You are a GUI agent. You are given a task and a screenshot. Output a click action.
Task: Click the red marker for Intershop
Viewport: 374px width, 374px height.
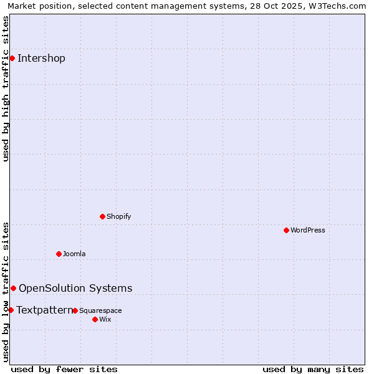pos(12,58)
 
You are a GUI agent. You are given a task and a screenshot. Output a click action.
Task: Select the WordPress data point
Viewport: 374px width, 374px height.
pos(286,230)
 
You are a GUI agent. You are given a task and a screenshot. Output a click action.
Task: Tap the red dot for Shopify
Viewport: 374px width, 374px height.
pos(102,216)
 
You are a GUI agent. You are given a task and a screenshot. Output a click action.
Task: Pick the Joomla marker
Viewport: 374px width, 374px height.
pos(59,254)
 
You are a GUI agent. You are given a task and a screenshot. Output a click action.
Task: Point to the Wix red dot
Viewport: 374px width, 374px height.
pos(95,319)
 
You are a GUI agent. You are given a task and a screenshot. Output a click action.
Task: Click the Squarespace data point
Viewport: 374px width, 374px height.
pos(75,310)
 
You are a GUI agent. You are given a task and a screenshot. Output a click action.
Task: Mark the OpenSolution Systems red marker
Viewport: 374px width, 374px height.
pos(13,288)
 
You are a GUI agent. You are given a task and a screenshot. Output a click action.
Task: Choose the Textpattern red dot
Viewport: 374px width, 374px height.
pos(11,310)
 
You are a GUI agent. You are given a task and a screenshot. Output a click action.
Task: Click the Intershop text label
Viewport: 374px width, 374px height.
pos(41,59)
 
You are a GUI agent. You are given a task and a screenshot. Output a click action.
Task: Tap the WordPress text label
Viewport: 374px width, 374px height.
pos(308,230)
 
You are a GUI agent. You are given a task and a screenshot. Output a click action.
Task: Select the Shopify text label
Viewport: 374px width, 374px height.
pos(118,216)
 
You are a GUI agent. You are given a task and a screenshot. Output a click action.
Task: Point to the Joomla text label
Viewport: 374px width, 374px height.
pos(74,254)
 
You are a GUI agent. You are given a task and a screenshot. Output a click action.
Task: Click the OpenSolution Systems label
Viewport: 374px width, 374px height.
pos(75,288)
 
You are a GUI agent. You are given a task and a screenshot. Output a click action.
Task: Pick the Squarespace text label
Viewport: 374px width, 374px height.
pos(100,310)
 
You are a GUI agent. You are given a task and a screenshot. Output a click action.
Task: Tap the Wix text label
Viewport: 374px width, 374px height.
pos(105,319)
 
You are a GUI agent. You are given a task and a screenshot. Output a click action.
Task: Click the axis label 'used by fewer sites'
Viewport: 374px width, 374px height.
pos(64,369)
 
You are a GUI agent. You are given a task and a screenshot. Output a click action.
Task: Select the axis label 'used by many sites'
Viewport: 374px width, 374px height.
pos(313,369)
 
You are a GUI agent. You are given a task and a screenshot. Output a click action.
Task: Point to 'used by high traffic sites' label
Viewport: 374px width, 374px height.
pos(6,89)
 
